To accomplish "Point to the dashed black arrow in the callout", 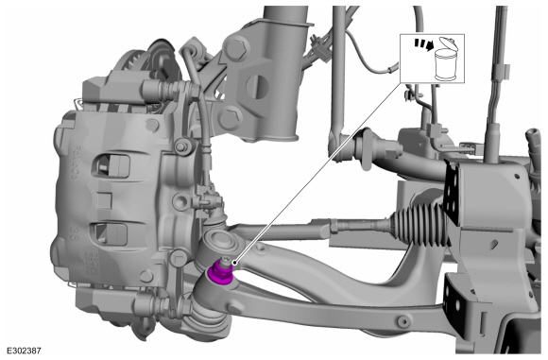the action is pos(424,44).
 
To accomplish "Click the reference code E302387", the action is pos(24,351).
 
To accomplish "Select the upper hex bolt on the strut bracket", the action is pos(236,47).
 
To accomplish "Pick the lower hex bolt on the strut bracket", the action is pos(230,118).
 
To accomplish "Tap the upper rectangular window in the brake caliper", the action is pos(111,164).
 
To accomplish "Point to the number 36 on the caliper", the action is pos(74,233).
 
